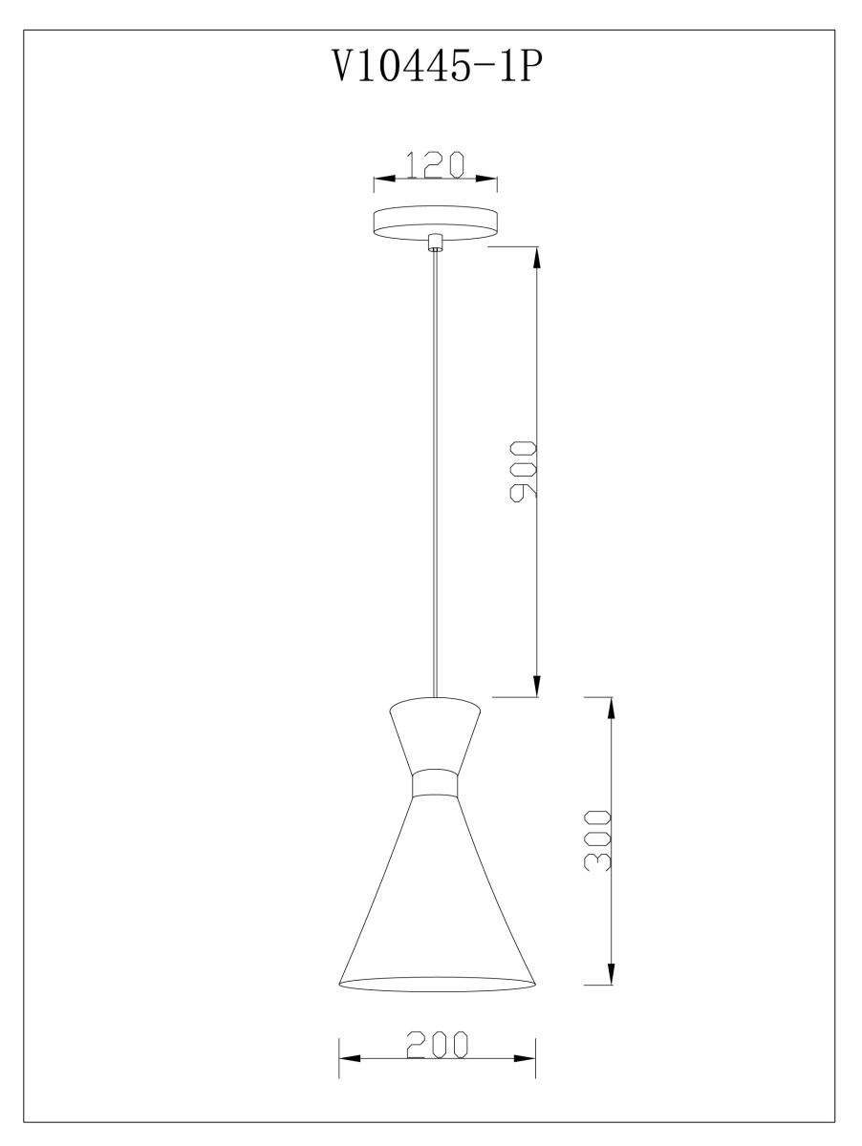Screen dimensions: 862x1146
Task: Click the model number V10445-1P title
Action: (x=438, y=65)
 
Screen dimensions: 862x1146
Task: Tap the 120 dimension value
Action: (x=435, y=165)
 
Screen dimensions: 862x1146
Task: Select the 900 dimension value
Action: (x=523, y=472)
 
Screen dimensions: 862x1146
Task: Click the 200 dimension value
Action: (x=438, y=1044)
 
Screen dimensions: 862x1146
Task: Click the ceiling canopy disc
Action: (x=436, y=223)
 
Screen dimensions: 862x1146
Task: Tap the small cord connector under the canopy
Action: (x=435, y=244)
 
